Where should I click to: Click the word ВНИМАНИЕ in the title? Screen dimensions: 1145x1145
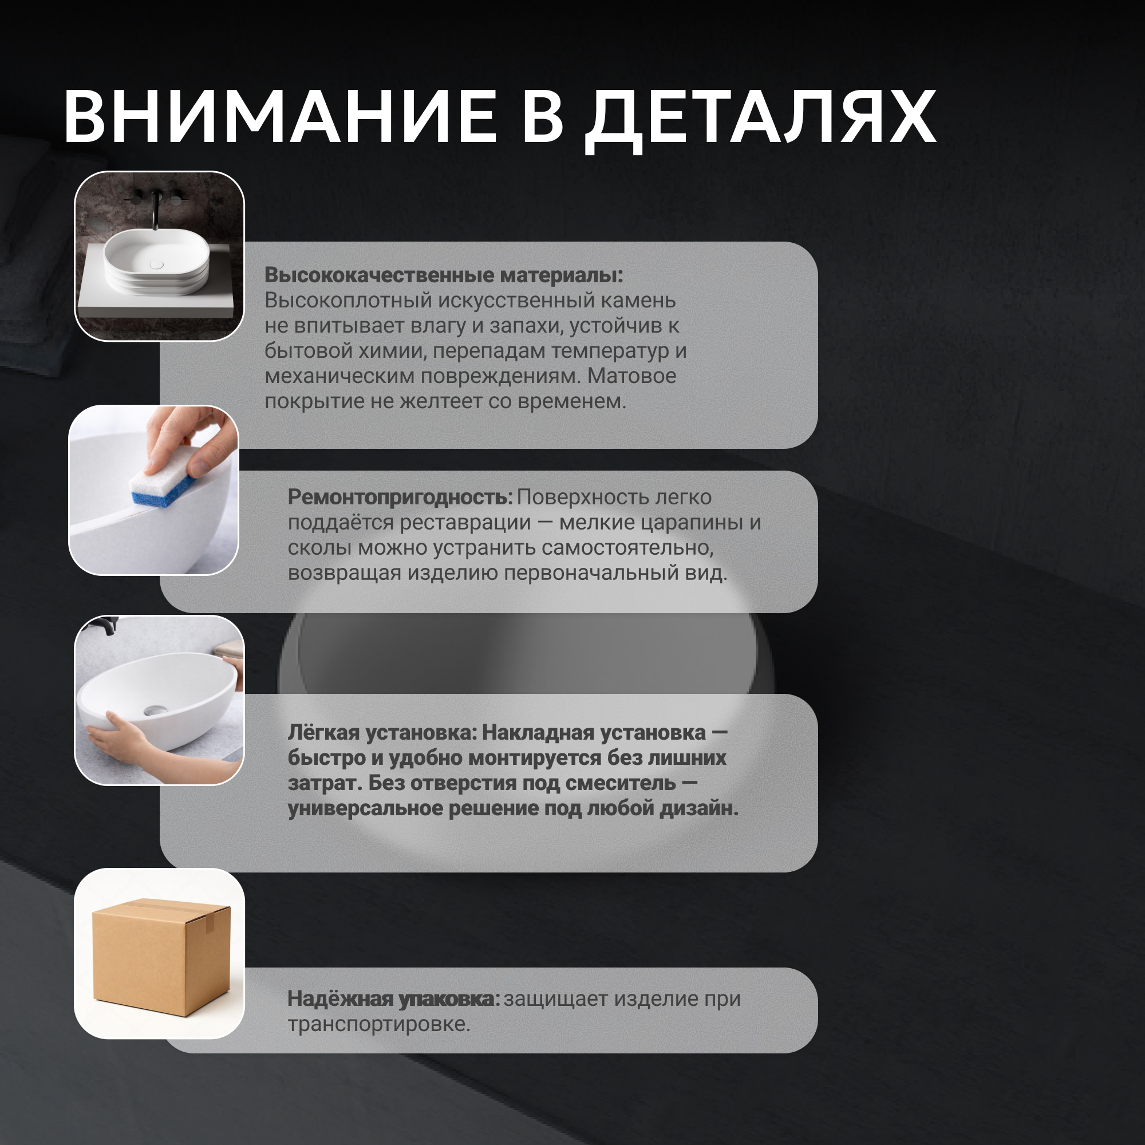pos(280,116)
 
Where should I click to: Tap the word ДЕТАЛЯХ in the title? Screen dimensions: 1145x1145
pos(761,120)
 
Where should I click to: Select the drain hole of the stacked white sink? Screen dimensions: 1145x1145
pos(156,264)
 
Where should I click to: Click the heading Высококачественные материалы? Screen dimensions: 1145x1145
pos(444,275)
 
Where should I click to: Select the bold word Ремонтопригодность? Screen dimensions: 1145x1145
pos(400,498)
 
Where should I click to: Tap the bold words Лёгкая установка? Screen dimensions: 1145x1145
pos(383,733)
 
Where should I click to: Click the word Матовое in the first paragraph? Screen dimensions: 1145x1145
pos(632,376)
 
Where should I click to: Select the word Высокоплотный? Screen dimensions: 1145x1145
pos(349,301)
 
